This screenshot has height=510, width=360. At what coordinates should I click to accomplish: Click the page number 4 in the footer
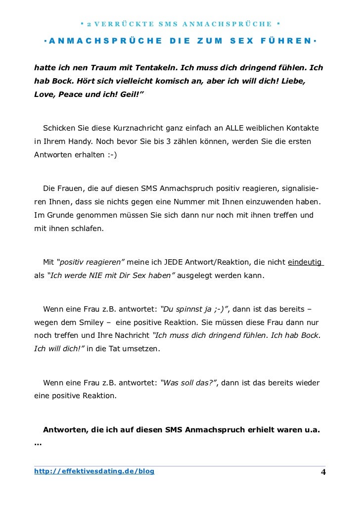tap(323, 472)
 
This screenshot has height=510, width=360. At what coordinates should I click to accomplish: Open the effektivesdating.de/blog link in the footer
tap(94, 471)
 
